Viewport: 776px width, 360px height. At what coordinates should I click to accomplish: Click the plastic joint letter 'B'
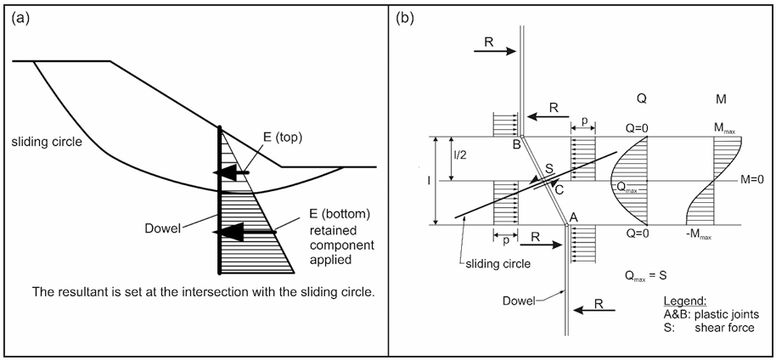coord(514,145)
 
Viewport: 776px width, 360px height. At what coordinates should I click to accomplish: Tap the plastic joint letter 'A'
coord(575,217)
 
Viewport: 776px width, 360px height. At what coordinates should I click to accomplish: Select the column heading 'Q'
coord(642,99)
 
